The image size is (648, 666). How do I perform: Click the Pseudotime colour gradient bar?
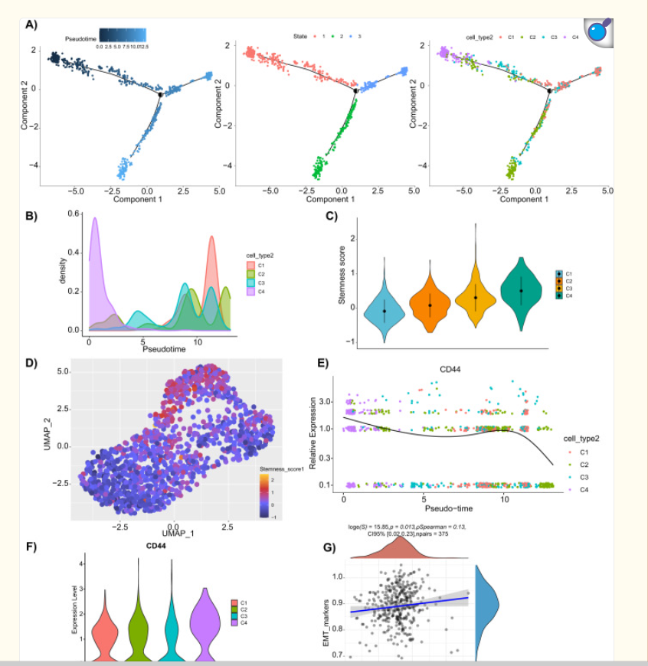point(123,34)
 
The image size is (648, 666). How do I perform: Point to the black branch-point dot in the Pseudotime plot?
point(161,94)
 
